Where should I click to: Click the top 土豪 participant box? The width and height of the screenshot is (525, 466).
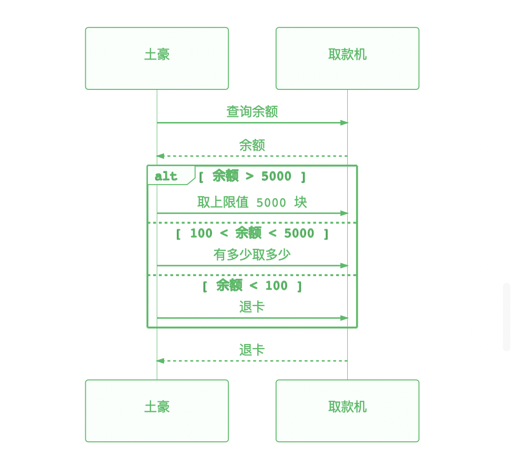[x=157, y=58]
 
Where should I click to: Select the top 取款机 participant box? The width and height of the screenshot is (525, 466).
[x=347, y=58]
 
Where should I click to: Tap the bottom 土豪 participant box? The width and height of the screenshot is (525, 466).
[x=157, y=411]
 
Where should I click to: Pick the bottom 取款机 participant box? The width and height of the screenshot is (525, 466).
[x=347, y=411]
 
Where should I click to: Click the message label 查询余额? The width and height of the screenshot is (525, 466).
[x=252, y=112]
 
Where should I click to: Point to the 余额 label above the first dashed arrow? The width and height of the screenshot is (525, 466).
[x=252, y=145]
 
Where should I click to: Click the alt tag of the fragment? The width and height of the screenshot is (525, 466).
[x=166, y=176]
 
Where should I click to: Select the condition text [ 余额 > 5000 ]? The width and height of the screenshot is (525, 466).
[x=252, y=176]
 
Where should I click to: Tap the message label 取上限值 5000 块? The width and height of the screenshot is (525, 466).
[x=252, y=202]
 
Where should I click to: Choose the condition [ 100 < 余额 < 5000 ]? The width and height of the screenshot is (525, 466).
[x=252, y=233]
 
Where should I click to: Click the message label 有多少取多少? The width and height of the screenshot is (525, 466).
[x=252, y=255]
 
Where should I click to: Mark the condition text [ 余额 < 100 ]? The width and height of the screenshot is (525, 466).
[x=252, y=286]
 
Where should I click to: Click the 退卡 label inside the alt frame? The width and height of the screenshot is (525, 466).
[x=252, y=307]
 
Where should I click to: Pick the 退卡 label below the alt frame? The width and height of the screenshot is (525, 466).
[x=252, y=350]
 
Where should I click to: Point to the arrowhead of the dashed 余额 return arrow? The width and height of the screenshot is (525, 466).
[x=160, y=156]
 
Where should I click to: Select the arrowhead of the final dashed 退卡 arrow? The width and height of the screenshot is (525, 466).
[x=160, y=361]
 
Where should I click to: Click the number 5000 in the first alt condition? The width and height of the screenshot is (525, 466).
[x=276, y=176]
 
